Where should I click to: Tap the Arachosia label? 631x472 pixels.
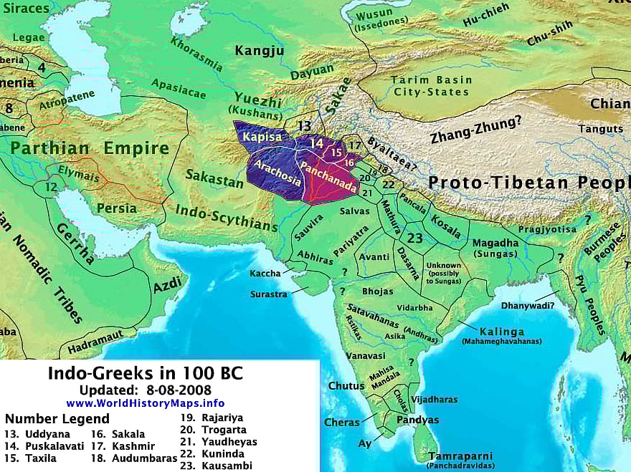click(274, 171)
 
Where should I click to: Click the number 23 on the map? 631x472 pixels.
click(414, 238)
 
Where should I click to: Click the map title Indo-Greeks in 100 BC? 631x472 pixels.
click(145, 373)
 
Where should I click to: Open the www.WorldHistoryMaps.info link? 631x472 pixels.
click(145, 403)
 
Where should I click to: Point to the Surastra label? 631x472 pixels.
click(268, 294)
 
